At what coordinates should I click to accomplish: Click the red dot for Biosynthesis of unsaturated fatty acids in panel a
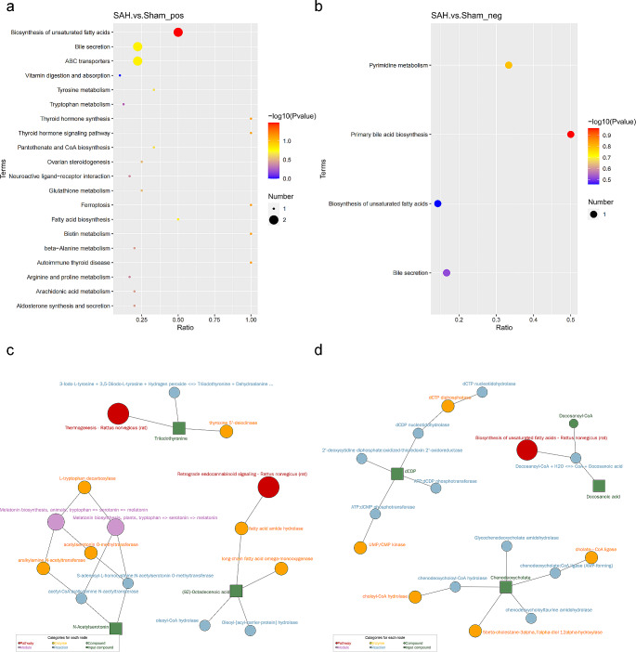point(178,33)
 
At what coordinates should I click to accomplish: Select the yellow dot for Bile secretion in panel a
point(137,47)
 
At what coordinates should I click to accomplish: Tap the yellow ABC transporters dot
point(137,61)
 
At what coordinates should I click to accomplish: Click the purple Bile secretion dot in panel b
point(447,273)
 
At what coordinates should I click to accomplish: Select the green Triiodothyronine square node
point(180,427)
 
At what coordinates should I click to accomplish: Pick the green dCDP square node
point(396,474)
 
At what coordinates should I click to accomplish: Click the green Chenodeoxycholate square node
point(506,586)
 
